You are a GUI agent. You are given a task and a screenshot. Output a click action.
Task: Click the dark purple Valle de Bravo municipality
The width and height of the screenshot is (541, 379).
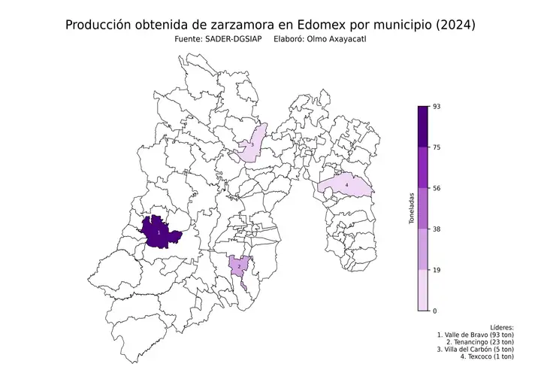[159, 234]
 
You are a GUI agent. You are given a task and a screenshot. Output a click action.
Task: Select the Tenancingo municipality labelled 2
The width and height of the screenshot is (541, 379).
[239, 265]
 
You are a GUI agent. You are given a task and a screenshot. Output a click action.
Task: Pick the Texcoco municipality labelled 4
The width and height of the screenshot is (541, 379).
[346, 185]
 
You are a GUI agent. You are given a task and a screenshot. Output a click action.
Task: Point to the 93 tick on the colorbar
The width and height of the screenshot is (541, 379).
[435, 107]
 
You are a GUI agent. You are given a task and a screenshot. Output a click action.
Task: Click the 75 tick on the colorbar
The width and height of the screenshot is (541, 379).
[435, 148]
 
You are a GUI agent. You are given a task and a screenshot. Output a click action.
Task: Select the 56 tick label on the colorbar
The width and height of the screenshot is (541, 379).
[437, 189]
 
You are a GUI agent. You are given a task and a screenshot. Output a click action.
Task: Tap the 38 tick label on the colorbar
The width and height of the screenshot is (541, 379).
[437, 229]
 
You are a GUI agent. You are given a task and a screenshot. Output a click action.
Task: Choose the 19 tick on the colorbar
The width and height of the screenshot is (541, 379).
[435, 270]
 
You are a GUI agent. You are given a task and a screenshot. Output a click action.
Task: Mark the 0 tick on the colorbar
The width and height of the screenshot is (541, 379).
[434, 311]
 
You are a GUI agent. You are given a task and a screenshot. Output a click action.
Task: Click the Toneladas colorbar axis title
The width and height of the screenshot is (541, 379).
[411, 208]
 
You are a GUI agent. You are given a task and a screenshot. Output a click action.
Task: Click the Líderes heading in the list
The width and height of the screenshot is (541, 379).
[501, 328]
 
